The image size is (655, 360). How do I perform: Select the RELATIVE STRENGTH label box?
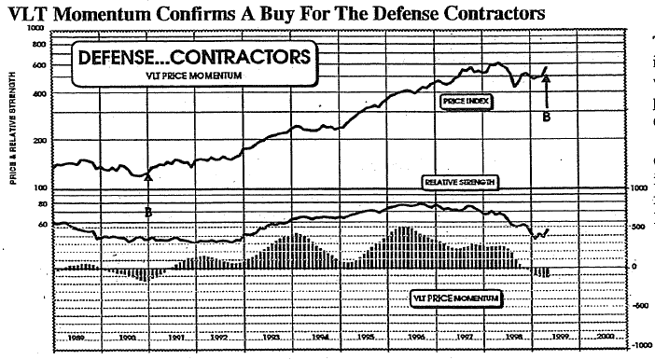pyautogui.click(x=458, y=182)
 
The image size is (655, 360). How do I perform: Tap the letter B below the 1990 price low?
pyautogui.click(x=147, y=211)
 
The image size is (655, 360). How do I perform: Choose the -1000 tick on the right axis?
pyautogui.click(x=642, y=345)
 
